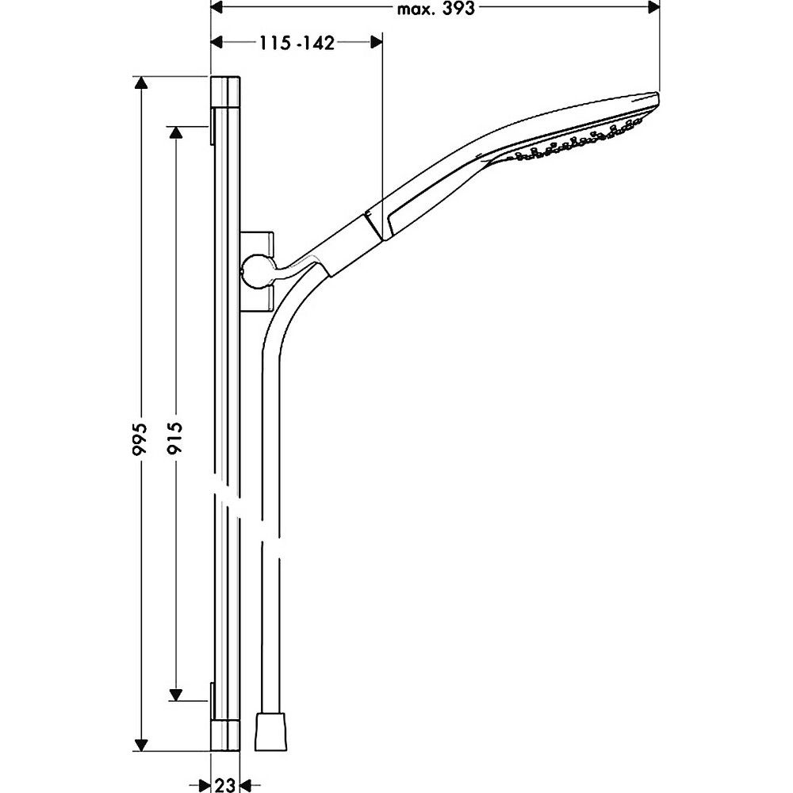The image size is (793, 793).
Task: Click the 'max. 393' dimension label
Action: point(435,9)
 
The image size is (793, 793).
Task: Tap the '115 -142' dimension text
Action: point(297,43)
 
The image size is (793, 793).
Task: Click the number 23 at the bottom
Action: point(225,785)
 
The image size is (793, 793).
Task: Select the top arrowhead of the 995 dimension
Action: point(141,83)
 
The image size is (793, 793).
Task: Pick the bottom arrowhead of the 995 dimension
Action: point(141,745)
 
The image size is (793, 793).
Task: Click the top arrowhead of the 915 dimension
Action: point(175,132)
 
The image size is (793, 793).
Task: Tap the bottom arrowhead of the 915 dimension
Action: point(175,695)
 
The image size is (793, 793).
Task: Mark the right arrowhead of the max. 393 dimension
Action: point(653,8)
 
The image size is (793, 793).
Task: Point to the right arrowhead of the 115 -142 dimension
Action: point(376,43)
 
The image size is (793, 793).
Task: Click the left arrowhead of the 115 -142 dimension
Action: point(217,43)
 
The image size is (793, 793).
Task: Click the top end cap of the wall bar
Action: point(225,91)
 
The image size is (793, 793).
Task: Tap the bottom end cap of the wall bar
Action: point(225,737)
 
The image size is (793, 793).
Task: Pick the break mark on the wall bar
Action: point(226,497)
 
